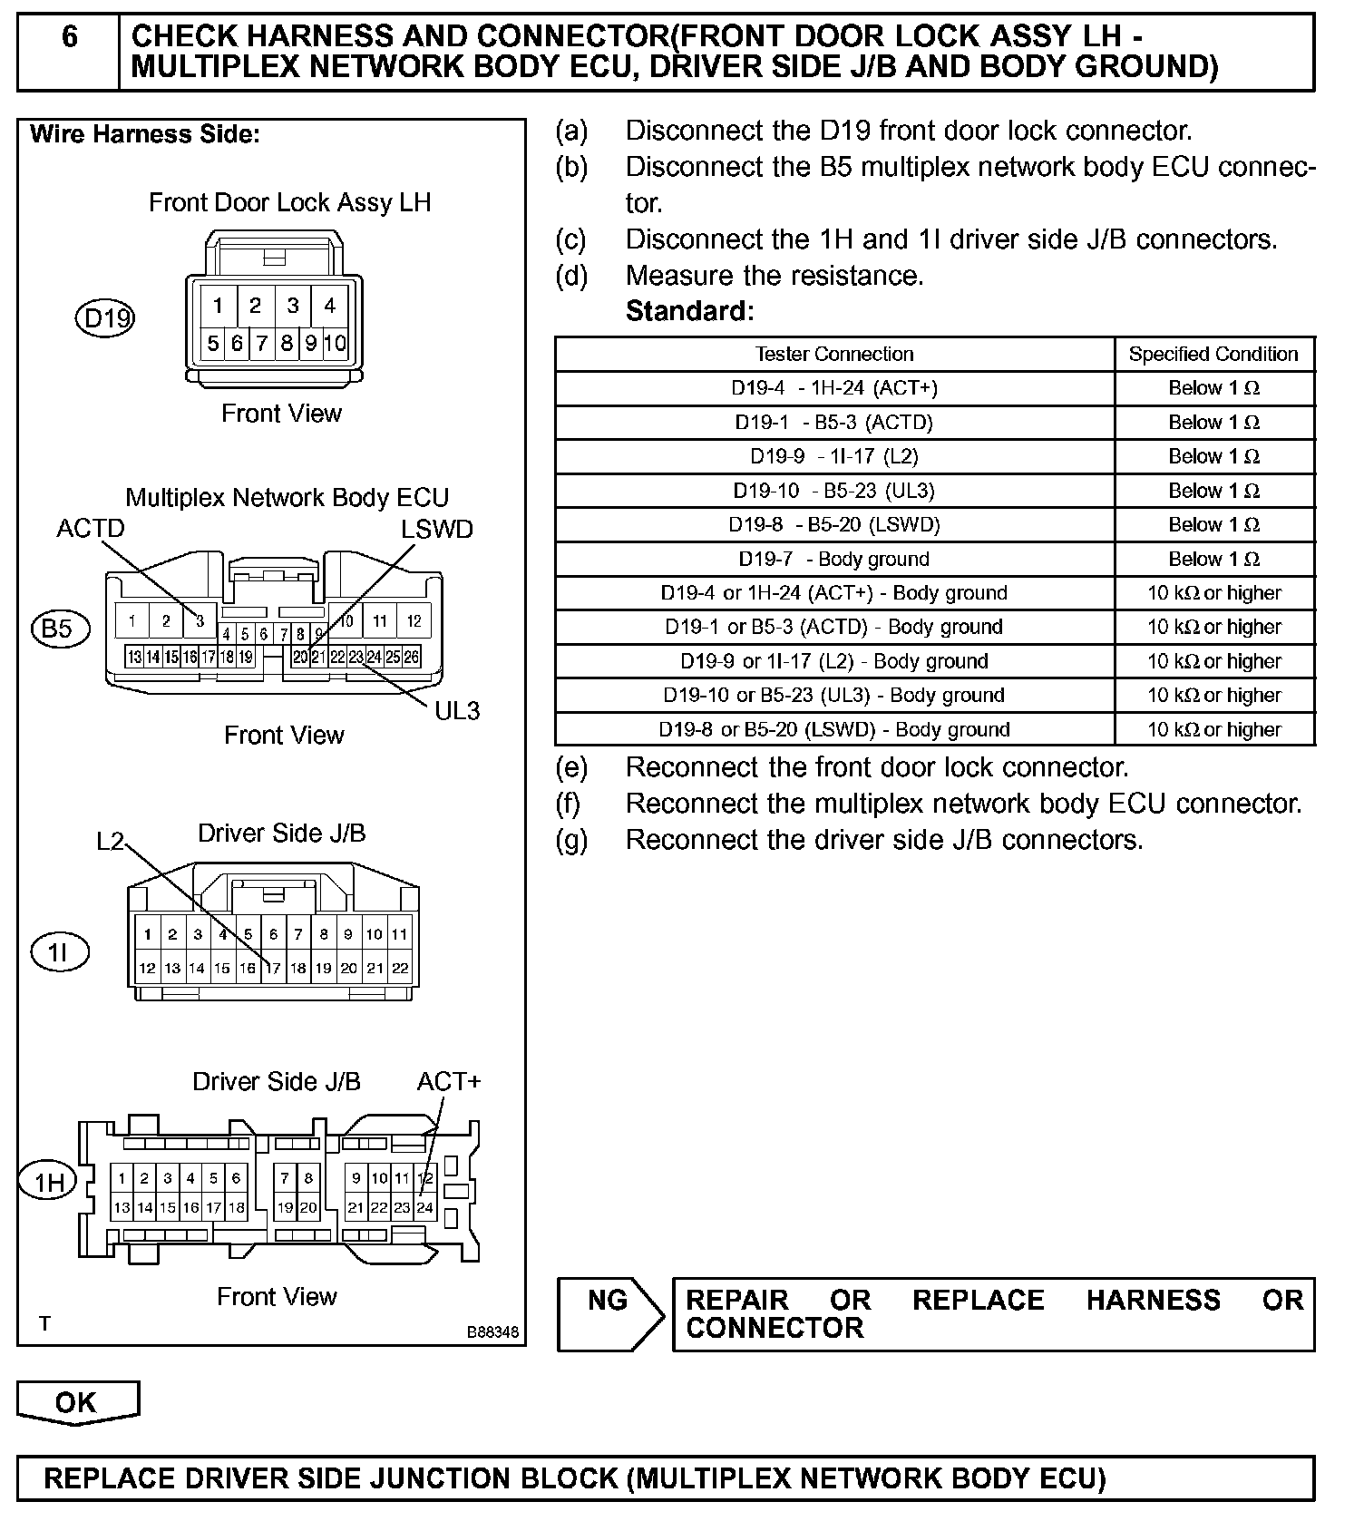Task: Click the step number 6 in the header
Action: tap(69, 37)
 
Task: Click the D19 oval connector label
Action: tap(104, 318)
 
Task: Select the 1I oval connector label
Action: tap(60, 952)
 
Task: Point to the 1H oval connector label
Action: tap(50, 1182)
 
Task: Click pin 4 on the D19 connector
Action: tap(330, 306)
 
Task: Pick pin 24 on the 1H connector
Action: tap(424, 1208)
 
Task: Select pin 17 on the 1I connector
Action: tap(273, 969)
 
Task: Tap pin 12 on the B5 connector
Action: tap(414, 621)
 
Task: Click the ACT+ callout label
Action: tap(449, 1081)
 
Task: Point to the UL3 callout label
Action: tap(457, 711)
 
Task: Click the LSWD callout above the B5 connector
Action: tap(437, 530)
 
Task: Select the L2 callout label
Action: tap(110, 842)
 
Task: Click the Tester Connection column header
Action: tap(834, 354)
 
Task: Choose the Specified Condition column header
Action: tap(1213, 354)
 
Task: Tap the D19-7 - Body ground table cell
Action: tap(834, 559)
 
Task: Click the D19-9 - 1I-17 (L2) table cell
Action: tap(834, 456)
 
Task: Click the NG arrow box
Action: tap(609, 1312)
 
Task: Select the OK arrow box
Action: tap(77, 1402)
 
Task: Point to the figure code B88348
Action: tap(493, 1332)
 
